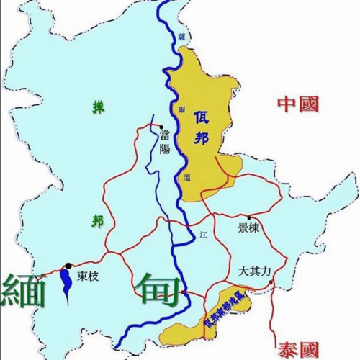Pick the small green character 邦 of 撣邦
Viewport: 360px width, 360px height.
tap(97, 220)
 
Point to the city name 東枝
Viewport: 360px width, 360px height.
tap(89, 276)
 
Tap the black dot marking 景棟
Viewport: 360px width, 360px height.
tap(248, 217)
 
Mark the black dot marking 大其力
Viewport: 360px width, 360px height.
tap(270, 283)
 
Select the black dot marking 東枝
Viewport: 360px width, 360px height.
tap(68, 266)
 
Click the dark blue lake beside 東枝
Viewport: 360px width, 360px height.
tap(66, 282)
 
